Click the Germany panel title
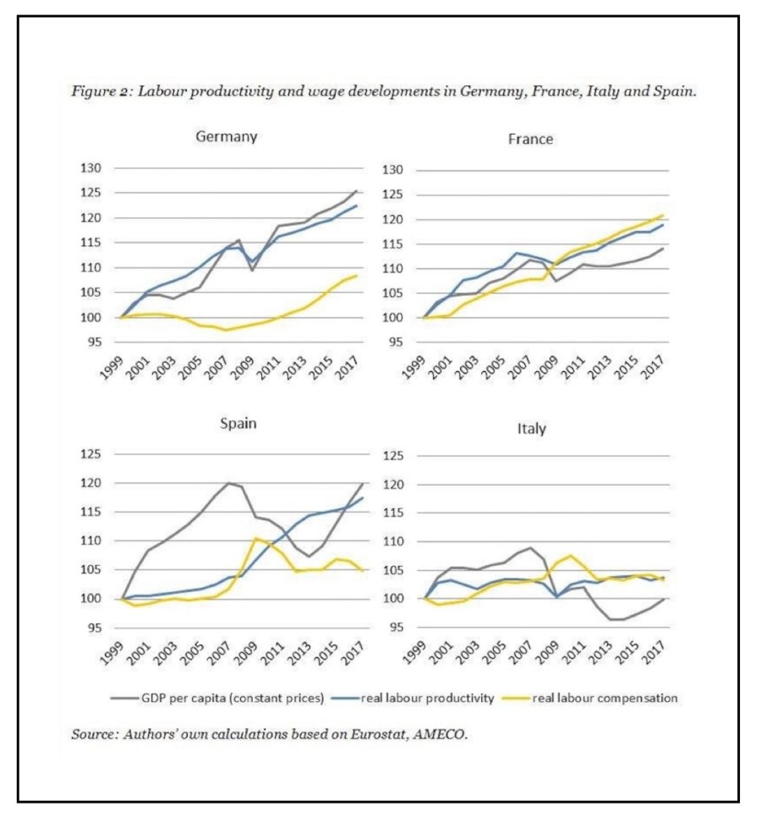[226, 136]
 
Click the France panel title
[530, 139]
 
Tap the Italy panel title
[531, 429]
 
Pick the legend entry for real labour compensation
[604, 699]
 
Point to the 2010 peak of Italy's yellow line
[571, 556]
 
